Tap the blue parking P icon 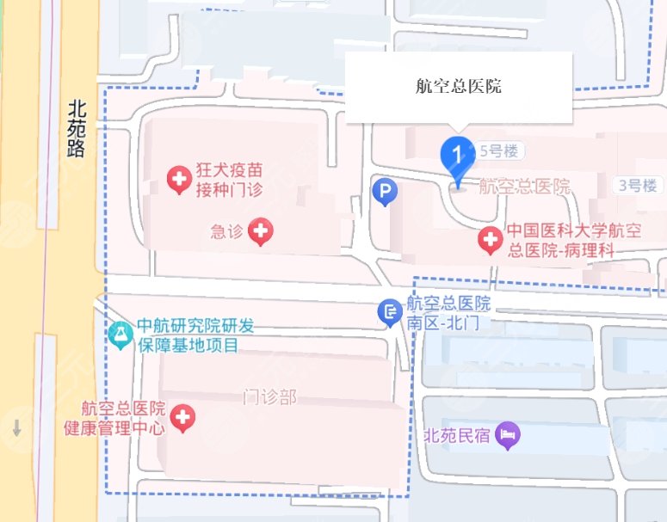tap(384, 192)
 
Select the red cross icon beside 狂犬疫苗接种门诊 tap(179, 180)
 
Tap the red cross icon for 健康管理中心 tap(182, 418)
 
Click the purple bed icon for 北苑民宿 tap(508, 434)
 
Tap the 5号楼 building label tap(502, 150)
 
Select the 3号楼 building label tap(637, 184)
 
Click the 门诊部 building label tap(269, 396)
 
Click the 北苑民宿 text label tap(457, 435)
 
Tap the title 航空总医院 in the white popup tap(458, 87)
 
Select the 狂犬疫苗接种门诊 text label tap(226, 180)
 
